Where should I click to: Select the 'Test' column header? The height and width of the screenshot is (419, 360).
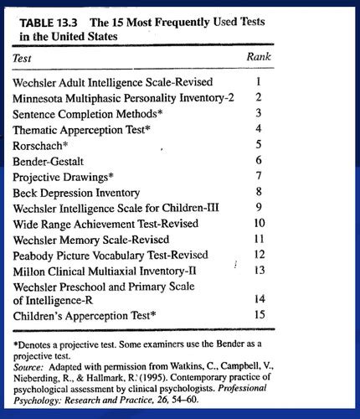[x=25, y=59]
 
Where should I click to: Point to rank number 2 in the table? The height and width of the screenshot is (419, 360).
[x=260, y=97]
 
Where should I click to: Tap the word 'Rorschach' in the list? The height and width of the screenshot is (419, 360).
[x=43, y=145]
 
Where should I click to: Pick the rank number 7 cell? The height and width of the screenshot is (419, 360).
[x=260, y=175]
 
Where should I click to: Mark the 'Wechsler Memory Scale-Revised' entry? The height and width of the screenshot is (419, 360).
[x=98, y=239]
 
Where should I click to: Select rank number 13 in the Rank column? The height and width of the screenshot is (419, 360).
[x=259, y=270]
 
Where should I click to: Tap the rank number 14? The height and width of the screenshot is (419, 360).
[x=259, y=297]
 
